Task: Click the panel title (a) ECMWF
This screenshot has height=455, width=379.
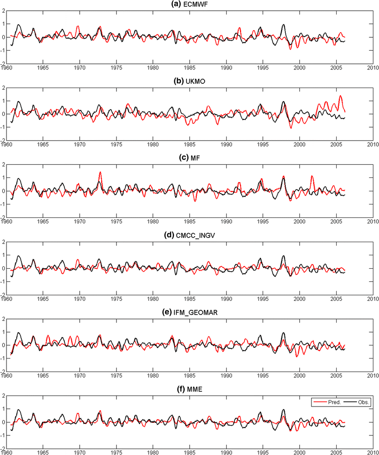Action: [x=189, y=4]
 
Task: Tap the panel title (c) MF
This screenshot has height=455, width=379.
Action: [x=189, y=158]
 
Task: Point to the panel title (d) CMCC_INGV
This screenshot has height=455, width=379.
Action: [x=189, y=236]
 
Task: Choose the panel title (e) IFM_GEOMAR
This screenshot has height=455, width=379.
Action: [x=189, y=312]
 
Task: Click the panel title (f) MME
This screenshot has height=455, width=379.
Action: [x=189, y=390]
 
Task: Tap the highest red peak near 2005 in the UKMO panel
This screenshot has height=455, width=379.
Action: [x=340, y=96]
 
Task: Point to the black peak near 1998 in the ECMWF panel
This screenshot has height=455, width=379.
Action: [x=283, y=25]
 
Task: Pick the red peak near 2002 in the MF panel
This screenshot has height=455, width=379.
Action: [x=312, y=177]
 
